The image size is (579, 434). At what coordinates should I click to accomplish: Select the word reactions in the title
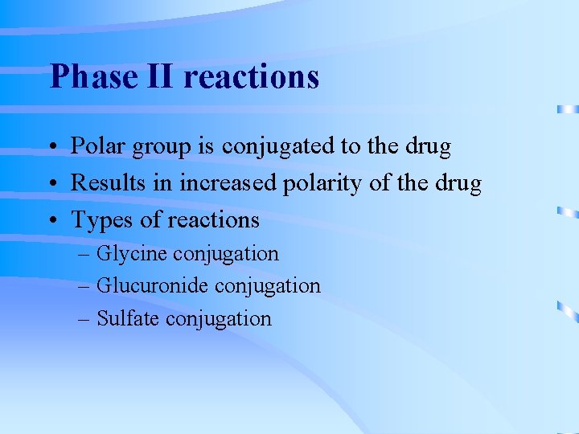(x=252, y=77)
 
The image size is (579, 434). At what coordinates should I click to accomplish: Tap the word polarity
(x=324, y=184)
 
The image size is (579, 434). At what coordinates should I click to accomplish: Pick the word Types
(x=101, y=220)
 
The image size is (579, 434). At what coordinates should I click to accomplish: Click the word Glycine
(x=132, y=254)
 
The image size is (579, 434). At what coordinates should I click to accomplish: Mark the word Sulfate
(x=128, y=318)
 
